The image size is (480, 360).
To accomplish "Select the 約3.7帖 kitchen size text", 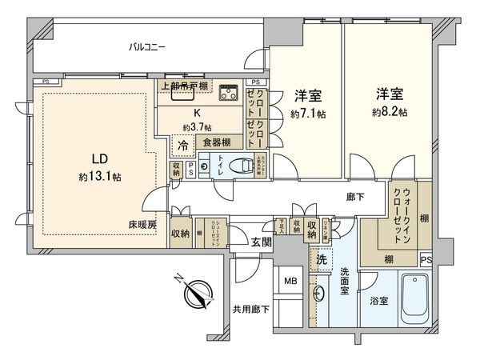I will (x=196, y=127).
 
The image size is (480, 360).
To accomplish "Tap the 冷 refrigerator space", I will (x=183, y=147).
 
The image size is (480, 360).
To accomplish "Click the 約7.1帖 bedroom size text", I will (x=308, y=115).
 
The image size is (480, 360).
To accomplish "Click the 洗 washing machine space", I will (x=322, y=260).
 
